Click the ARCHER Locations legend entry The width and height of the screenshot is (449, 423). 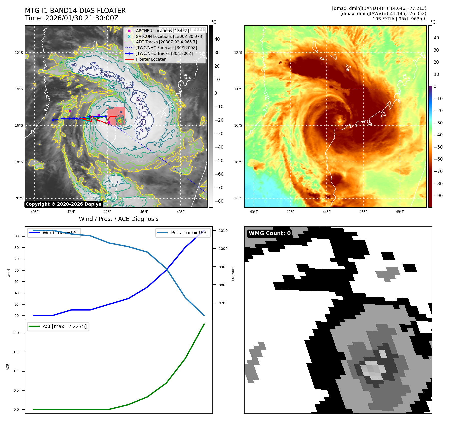[162, 31]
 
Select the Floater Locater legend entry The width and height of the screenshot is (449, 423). [151, 59]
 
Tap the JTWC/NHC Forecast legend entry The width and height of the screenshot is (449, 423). [166, 48]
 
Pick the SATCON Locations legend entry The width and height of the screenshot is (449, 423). [170, 36]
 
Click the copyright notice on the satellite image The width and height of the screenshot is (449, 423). [63, 204]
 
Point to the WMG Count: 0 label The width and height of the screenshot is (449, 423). [270, 233]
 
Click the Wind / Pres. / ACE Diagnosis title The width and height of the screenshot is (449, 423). [119, 219]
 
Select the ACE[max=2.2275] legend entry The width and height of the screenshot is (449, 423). [64, 326]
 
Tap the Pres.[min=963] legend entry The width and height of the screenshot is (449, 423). [189, 233]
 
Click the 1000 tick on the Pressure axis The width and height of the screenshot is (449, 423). [223, 249]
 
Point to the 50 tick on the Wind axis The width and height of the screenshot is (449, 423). [17, 282]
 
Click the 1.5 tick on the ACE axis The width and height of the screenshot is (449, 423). [16, 352]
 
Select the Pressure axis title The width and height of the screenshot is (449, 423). [233, 273]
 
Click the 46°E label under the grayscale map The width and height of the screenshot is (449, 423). [144, 212]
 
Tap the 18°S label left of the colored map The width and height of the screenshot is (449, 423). [238, 162]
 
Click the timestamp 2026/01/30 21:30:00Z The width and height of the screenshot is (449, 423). [82, 18]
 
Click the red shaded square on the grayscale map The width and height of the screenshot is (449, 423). [116, 116]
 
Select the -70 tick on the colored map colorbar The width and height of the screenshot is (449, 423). [438, 171]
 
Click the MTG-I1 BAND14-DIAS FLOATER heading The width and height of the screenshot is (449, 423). [75, 11]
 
